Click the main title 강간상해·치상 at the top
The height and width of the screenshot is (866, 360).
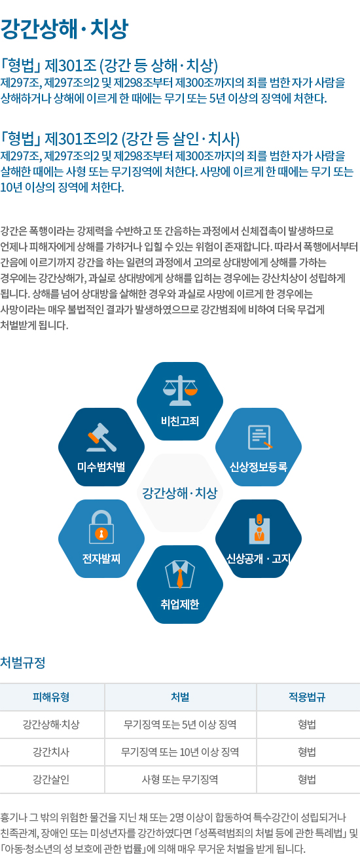(x=64, y=29)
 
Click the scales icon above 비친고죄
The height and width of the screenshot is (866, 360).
(x=180, y=390)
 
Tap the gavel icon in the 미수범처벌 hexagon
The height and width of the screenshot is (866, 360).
(x=101, y=437)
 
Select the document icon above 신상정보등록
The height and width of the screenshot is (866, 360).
(x=259, y=437)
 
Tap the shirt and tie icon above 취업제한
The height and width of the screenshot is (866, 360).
(x=180, y=574)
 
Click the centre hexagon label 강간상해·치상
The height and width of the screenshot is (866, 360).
(x=180, y=493)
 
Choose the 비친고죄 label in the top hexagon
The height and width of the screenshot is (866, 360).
(x=180, y=421)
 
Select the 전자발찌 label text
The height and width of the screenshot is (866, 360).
(x=101, y=558)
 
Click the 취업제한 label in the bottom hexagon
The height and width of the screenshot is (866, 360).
(x=180, y=604)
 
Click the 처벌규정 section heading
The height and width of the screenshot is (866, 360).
(x=23, y=662)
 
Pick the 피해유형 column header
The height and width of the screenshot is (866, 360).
(x=51, y=697)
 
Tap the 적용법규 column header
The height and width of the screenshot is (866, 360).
(x=307, y=697)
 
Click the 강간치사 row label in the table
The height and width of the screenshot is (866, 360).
(x=51, y=752)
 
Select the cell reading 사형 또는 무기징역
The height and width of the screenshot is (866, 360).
(x=180, y=780)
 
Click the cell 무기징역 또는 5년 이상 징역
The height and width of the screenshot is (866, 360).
(x=180, y=725)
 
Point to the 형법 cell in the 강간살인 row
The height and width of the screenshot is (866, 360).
(x=307, y=780)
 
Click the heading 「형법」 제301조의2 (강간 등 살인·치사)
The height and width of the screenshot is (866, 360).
(x=120, y=139)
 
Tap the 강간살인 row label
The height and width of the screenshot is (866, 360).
(x=51, y=780)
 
